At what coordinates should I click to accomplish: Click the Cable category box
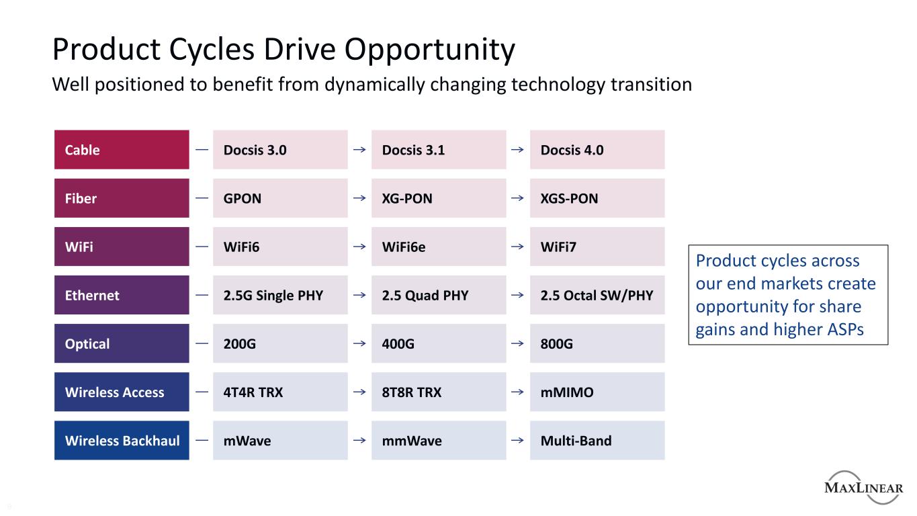[122, 150]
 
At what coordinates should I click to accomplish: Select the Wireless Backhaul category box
[122, 441]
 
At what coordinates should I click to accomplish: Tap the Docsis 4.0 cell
[597, 150]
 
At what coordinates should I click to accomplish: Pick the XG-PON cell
[439, 198]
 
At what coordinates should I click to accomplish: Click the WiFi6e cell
[439, 247]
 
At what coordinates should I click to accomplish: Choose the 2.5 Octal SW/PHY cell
[597, 295]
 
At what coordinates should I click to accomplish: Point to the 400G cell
[439, 344]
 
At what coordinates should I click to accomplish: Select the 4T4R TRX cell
[280, 392]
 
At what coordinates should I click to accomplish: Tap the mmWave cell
[439, 441]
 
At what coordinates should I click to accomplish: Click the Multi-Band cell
[597, 441]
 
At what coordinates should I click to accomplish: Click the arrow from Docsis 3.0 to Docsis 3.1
[359, 150]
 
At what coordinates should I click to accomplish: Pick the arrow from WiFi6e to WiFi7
[518, 247]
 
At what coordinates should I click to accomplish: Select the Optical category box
[122, 344]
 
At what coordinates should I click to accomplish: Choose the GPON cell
[280, 198]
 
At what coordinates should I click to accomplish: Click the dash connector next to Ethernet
[202, 294]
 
